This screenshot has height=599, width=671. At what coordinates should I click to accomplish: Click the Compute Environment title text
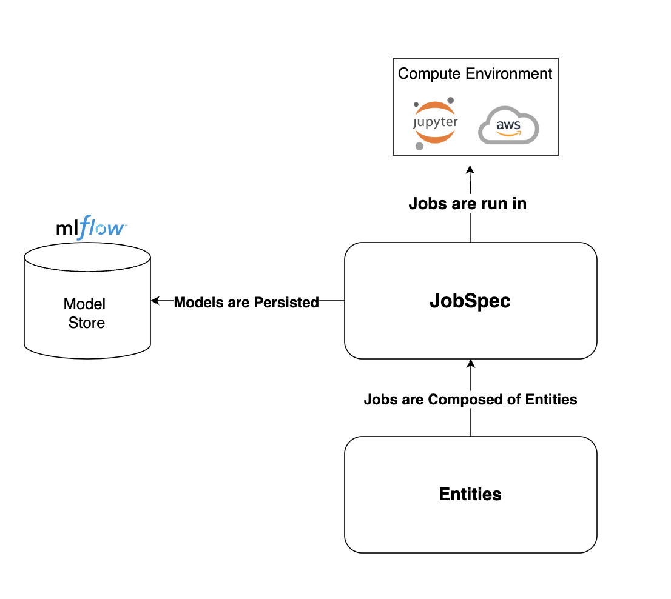click(x=475, y=74)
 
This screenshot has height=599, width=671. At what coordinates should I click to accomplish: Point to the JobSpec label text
click(x=470, y=301)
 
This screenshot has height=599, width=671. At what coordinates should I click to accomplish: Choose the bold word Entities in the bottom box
click(x=470, y=494)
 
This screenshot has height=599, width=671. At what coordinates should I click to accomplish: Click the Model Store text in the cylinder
click(x=86, y=313)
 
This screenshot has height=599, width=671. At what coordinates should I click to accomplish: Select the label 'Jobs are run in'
click(x=467, y=204)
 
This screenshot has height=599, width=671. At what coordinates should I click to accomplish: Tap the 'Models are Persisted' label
click(x=246, y=302)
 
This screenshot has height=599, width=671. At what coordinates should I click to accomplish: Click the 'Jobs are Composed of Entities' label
click(x=470, y=400)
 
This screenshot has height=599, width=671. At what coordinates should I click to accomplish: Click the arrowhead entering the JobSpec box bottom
click(x=471, y=364)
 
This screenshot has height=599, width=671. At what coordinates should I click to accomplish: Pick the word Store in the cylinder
click(x=87, y=323)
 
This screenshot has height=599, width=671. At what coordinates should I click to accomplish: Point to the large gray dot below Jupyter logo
click(x=419, y=146)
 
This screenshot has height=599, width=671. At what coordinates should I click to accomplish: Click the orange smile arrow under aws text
click(x=508, y=135)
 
